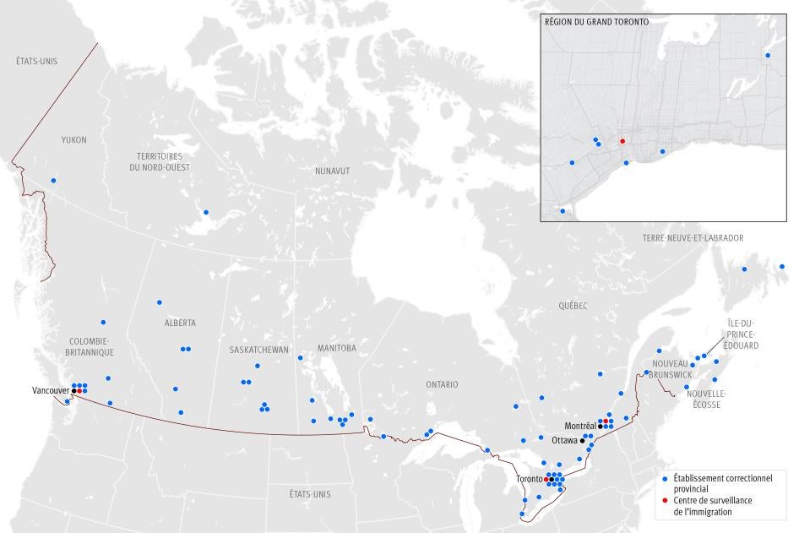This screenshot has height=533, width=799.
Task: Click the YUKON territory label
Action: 73,139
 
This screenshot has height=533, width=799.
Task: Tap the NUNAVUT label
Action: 332,171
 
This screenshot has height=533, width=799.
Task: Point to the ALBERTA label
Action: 180,323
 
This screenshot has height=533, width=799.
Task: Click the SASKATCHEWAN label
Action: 259,350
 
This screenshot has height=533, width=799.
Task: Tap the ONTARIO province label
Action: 442,384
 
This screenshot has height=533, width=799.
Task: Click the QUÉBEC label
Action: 572,306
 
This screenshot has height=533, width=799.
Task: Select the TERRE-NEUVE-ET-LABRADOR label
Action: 693,238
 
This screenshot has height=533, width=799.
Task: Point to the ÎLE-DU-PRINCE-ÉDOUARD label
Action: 742,334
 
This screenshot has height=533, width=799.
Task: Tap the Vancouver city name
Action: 50,391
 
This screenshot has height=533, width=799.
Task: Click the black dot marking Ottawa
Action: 582,441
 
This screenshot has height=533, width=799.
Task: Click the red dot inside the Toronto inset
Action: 622,142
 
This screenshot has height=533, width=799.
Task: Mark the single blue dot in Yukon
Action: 53,181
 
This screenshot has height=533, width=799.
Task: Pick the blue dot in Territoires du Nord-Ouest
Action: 206,213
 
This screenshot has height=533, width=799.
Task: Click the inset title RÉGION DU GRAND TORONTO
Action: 597,22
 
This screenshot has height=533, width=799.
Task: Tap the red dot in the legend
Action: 666,500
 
